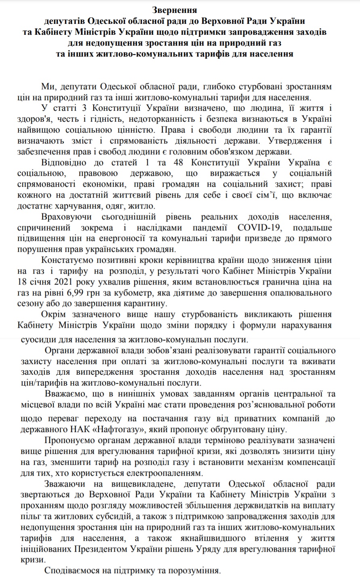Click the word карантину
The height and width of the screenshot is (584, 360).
139,303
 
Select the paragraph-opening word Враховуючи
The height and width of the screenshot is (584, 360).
68,216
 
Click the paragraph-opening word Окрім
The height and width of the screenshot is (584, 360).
54,314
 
